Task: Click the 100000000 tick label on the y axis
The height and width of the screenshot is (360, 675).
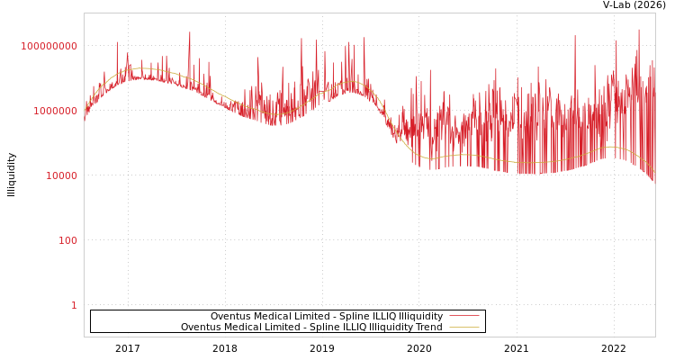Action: [x=49, y=46]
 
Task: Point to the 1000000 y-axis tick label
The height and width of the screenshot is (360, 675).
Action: [x=55, y=111]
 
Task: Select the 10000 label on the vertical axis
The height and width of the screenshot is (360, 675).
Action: [x=61, y=175]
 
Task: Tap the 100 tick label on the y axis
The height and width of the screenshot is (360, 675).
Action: [x=67, y=240]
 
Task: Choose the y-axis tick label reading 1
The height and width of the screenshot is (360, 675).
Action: [x=74, y=305]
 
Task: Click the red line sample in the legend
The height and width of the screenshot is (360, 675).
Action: [x=463, y=316]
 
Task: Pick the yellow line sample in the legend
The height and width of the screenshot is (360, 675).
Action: [x=463, y=327]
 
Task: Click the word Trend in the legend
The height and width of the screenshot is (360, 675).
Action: [x=428, y=328]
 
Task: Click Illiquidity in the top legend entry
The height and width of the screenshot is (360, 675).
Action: [x=421, y=317]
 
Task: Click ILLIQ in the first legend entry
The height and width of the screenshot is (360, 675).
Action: [x=383, y=317]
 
